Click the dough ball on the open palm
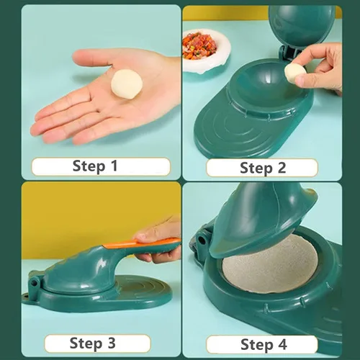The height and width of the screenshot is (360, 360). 127,84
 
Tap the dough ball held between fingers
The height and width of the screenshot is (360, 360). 295,72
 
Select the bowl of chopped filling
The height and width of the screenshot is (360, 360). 205,50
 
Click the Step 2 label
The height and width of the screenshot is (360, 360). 263,168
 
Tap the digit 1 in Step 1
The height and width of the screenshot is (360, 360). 114,166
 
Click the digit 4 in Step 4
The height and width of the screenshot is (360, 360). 282,344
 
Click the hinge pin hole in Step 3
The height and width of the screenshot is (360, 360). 35,283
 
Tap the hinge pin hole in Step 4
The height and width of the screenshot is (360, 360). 202,241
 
